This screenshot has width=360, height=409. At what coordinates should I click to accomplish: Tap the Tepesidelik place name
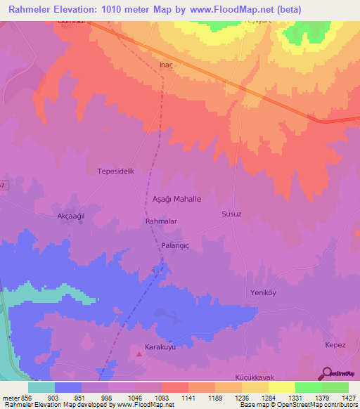[115, 171]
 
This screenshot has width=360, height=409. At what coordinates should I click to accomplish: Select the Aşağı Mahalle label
[176, 199]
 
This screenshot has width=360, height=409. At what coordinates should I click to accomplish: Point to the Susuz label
[231, 214]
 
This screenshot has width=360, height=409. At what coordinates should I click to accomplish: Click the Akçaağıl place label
[70, 216]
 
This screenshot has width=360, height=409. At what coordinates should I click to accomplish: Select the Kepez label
[335, 344]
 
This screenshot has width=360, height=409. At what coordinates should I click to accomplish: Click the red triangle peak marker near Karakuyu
[139, 353]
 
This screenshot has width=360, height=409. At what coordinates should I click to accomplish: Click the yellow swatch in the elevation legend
[282, 387]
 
